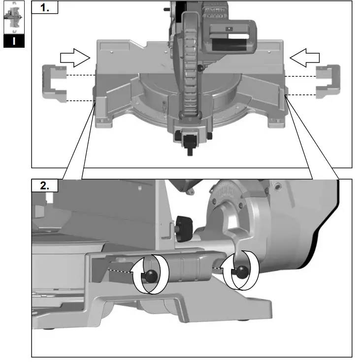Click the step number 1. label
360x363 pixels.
(44, 8)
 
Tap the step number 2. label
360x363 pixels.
(44, 185)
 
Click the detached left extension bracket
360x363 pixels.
(53, 84)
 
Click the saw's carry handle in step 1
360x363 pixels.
(231, 37)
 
